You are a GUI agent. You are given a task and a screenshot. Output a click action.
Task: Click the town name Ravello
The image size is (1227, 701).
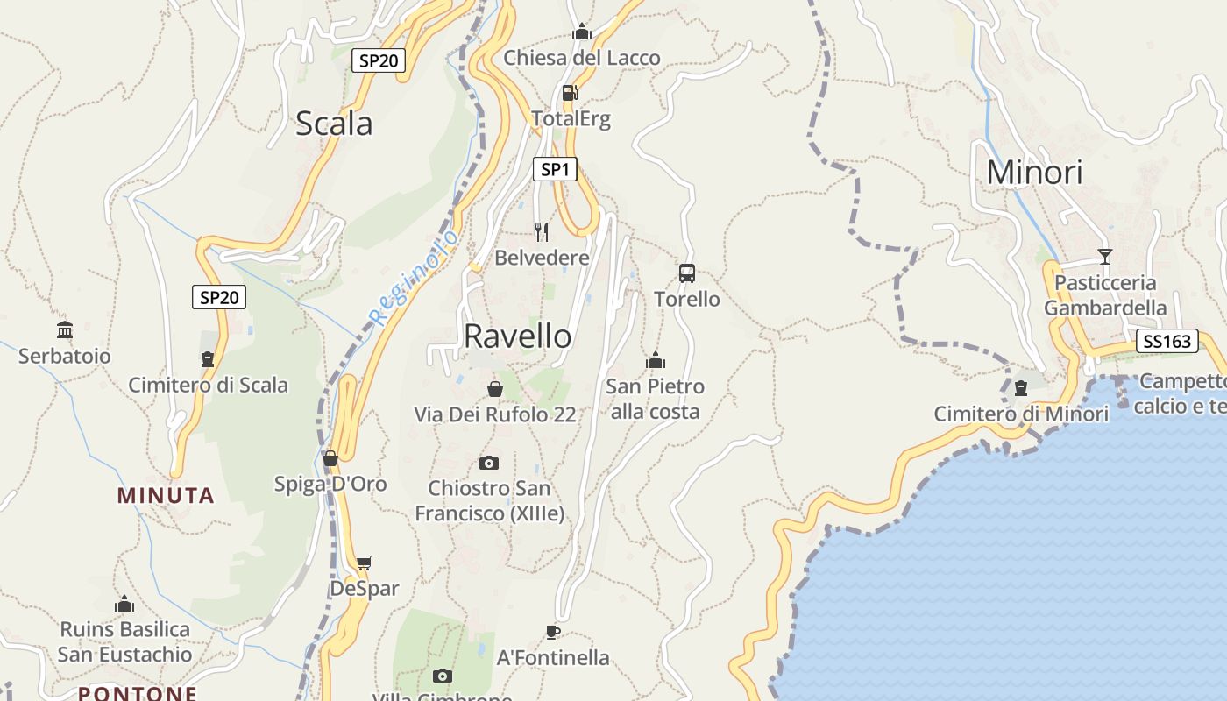tap(517, 336)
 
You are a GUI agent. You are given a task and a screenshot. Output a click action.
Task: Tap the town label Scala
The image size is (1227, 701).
tap(334, 124)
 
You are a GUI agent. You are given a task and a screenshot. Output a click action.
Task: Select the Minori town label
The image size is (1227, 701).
tap(1034, 173)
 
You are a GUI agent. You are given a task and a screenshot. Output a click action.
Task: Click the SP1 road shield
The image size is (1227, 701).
tap(555, 169)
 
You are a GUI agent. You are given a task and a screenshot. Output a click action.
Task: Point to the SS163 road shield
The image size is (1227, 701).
tap(1167, 341)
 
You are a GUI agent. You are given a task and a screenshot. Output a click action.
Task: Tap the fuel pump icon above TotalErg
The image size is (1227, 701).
tap(570, 93)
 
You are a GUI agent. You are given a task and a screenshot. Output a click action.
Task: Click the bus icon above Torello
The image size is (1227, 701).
tap(687, 273)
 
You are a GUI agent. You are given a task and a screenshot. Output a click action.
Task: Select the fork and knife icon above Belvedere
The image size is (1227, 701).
tap(542, 232)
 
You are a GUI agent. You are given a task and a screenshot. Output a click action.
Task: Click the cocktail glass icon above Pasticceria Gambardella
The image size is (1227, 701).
tap(1104, 257)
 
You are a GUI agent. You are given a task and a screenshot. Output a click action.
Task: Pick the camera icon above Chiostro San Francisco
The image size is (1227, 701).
tap(489, 463)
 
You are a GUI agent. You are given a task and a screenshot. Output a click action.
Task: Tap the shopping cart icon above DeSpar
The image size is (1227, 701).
tap(364, 563)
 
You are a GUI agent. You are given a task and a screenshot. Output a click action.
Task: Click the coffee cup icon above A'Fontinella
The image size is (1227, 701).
tap(553, 631)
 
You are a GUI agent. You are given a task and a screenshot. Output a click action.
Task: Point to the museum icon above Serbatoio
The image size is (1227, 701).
tap(65, 330)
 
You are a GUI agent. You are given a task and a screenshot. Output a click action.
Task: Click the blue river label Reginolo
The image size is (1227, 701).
tap(415, 277)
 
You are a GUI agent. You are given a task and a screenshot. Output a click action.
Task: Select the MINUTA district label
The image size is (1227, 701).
tap(166, 496)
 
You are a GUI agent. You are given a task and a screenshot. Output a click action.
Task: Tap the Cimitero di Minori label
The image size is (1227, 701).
tap(1021, 414)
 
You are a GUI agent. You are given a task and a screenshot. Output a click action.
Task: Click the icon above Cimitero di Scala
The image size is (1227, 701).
tap(208, 359)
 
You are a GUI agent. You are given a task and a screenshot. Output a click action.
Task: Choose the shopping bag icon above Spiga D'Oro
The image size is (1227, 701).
tap(330, 458)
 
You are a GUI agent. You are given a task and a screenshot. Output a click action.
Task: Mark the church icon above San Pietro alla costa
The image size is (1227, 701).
tap(655, 360)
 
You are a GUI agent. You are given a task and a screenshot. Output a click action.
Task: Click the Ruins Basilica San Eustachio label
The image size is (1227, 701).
tap(124, 641)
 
